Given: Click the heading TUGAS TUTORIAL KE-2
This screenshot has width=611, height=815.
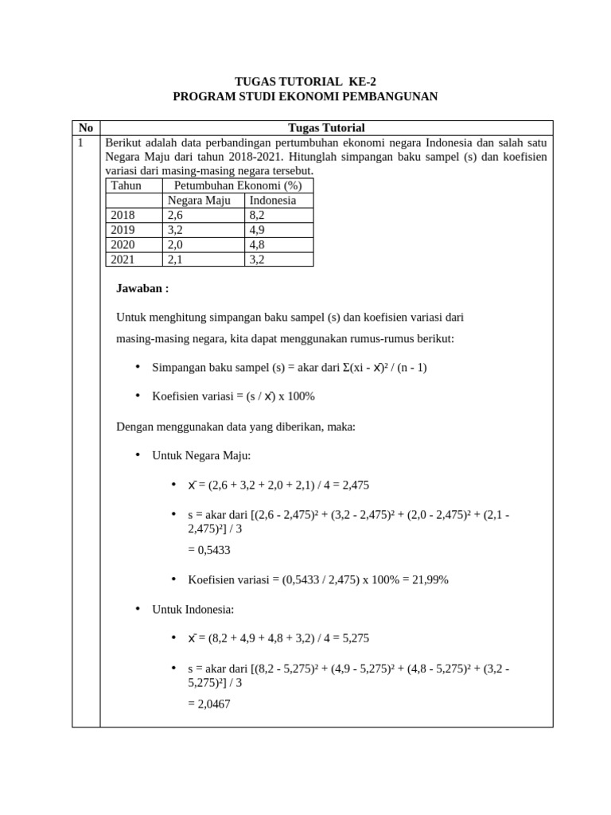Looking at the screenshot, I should (x=305, y=81).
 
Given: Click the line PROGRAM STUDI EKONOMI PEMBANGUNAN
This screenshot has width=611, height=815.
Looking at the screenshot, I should (x=305, y=96).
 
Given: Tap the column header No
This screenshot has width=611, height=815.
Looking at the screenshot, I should (x=86, y=127).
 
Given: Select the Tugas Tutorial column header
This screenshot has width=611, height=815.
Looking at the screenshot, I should (x=326, y=127).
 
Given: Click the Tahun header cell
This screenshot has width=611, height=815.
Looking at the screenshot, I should (x=126, y=185).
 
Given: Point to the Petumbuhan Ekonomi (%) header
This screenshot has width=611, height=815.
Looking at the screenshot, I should (x=237, y=185).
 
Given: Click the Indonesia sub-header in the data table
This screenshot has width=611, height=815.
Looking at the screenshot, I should (x=272, y=201).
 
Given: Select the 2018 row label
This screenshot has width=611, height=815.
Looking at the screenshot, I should (x=123, y=215).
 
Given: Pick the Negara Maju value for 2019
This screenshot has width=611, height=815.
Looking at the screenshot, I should (x=175, y=230).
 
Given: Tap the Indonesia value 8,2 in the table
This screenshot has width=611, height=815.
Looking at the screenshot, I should (x=257, y=215).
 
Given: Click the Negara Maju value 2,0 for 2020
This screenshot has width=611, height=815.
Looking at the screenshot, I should (x=175, y=244).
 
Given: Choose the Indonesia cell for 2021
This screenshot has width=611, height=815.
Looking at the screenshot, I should (x=257, y=259).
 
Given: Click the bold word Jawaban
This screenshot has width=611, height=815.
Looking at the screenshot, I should (x=142, y=288).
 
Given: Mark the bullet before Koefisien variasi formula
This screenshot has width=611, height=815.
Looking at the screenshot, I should (x=137, y=396).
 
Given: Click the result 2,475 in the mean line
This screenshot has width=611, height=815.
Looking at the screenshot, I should (x=354, y=485).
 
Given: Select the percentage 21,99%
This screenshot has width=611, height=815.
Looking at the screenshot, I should (x=430, y=579).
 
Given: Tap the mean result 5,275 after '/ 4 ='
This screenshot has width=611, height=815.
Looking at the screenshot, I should (x=354, y=638).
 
